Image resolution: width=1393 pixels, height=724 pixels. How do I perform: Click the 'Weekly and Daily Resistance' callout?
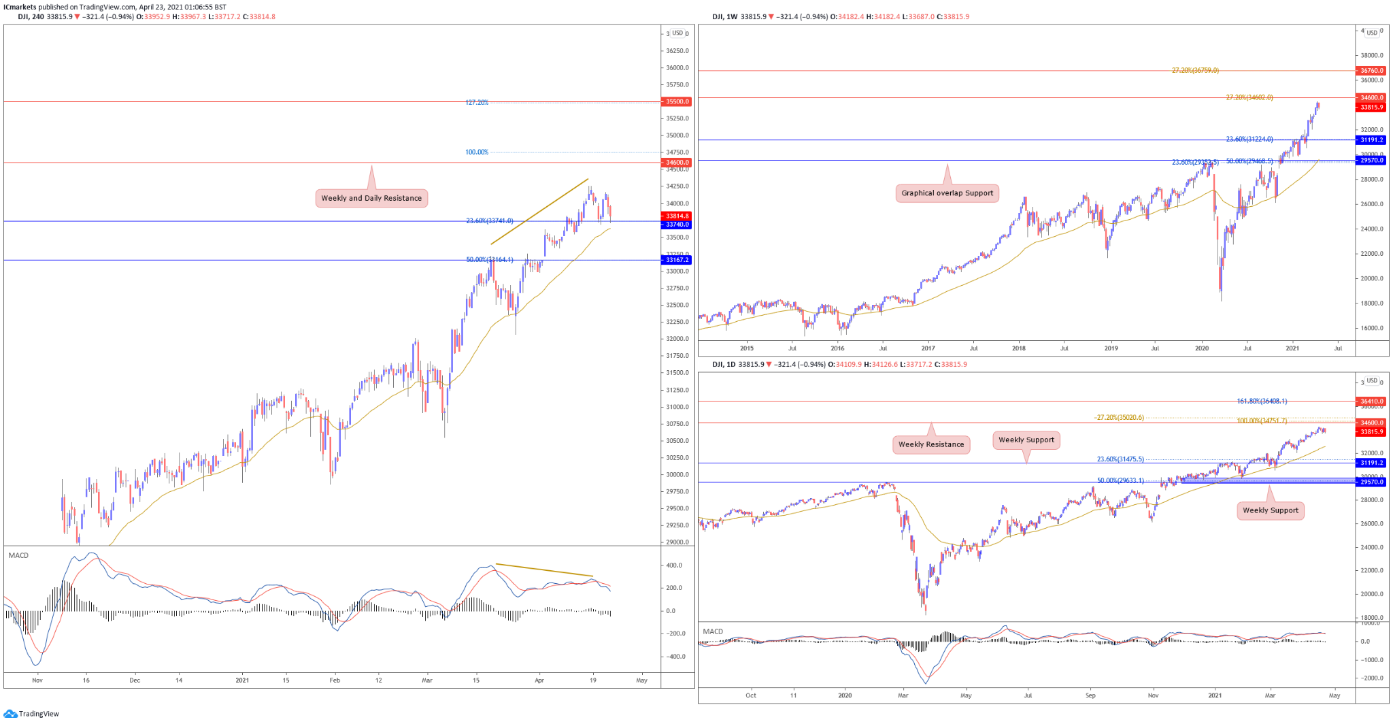click(371, 198)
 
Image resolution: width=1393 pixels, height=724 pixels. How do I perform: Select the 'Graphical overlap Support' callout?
click(947, 193)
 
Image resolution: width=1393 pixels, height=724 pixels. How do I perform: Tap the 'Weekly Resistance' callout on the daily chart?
click(930, 444)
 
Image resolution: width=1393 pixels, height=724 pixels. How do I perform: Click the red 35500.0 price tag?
click(677, 101)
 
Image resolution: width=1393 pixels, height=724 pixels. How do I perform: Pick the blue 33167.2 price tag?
click(677, 260)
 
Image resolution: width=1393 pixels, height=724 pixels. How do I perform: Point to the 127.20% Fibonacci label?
click(477, 103)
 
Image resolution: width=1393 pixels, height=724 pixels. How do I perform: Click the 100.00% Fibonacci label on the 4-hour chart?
click(477, 152)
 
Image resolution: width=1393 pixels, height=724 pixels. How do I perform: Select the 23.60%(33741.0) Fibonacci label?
click(489, 221)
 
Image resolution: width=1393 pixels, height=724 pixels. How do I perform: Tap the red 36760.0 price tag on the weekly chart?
click(1371, 71)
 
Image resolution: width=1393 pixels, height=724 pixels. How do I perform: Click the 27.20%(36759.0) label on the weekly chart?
click(1195, 71)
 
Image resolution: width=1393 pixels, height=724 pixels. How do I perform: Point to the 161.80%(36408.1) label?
click(1262, 401)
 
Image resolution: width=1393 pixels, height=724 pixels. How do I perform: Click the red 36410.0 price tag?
click(1371, 401)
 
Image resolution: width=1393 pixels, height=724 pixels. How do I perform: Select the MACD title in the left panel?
click(18, 556)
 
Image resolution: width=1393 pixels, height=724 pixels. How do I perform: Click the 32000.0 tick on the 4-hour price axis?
click(677, 339)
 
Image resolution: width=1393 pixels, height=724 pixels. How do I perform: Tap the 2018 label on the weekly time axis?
click(1018, 348)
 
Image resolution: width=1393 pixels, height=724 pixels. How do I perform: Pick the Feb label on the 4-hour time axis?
click(335, 680)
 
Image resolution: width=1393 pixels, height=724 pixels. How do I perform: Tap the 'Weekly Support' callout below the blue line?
click(1270, 510)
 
